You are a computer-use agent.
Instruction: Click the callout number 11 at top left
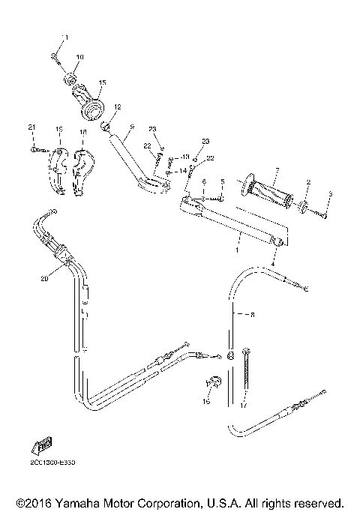pyautogui.click(x=64, y=37)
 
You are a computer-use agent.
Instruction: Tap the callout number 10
pyautogui.click(x=80, y=56)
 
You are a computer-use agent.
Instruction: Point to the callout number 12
pyautogui.click(x=117, y=107)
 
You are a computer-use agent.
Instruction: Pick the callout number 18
pyautogui.click(x=82, y=132)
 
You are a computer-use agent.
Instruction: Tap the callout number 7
pyautogui.click(x=277, y=171)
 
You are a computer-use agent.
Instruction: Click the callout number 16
pyautogui.click(x=207, y=402)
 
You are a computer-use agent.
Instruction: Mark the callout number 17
pyautogui.click(x=242, y=409)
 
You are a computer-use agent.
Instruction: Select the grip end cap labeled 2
pyautogui.click(x=304, y=208)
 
